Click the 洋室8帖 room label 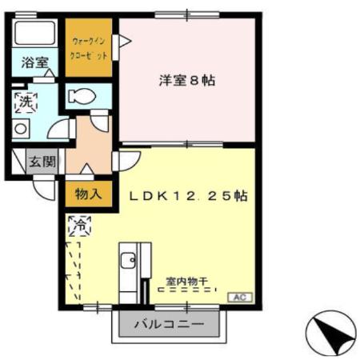pyautogui.click(x=187, y=80)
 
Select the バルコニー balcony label pyautogui.click(x=168, y=326)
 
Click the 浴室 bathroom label pyautogui.click(x=34, y=62)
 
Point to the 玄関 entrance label pyautogui.click(x=42, y=162)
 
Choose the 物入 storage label pyautogui.click(x=87, y=193)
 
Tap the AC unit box pyautogui.click(x=238, y=297)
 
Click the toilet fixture pyautogui.click(x=81, y=97)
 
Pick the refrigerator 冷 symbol pyautogui.click(x=80, y=226)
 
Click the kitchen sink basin pyautogui.click(x=127, y=260)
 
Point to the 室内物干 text pyautogui.click(x=186, y=281)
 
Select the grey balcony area pyautogui.click(x=168, y=326)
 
